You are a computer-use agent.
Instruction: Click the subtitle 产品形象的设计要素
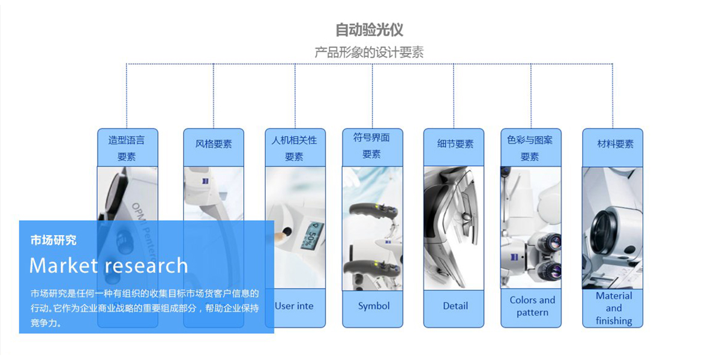[369, 52]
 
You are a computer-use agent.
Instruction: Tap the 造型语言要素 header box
[127, 148]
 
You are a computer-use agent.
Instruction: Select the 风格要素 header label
[214, 144]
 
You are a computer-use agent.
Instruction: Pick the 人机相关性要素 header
[295, 148]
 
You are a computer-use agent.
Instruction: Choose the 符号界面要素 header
[372, 146]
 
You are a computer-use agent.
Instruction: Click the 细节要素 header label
[455, 144]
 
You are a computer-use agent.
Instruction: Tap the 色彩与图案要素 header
[530, 148]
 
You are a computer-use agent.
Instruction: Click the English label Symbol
[374, 306]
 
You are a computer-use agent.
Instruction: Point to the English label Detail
[455, 306]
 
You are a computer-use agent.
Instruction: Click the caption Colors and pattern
[532, 306]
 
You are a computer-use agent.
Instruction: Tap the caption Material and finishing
[614, 308]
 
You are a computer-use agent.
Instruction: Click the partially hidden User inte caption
[294, 306]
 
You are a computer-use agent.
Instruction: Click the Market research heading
[109, 265]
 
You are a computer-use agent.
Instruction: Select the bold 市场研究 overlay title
[53, 241]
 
